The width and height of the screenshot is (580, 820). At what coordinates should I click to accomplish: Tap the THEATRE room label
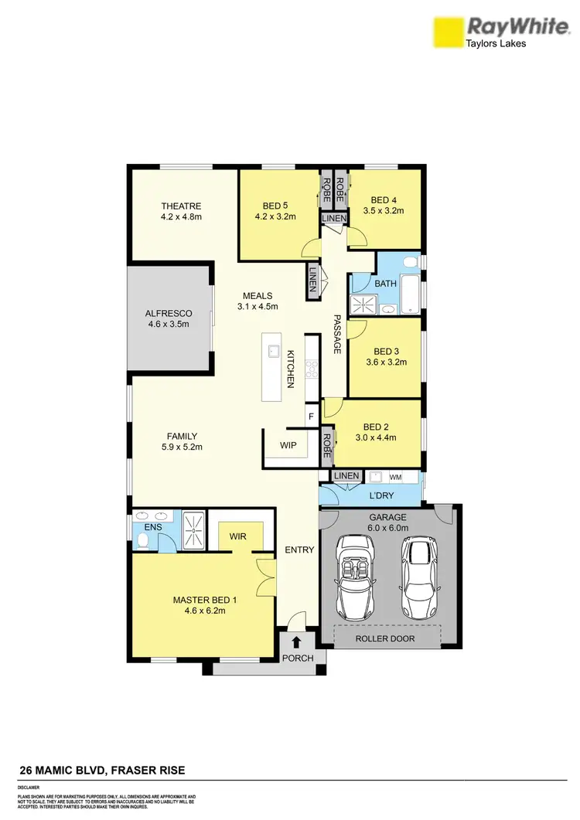click(181, 206)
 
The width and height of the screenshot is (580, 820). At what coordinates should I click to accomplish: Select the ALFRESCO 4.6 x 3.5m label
click(168, 318)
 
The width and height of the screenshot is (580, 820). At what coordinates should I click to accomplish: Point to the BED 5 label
click(275, 206)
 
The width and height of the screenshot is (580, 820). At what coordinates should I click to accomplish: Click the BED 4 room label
click(383, 199)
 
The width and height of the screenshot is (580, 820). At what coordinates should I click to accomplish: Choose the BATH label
click(385, 284)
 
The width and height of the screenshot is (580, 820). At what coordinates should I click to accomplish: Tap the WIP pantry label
click(288, 445)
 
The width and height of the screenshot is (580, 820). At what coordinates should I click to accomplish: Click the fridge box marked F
click(311, 416)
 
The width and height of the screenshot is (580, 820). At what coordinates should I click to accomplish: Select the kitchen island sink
click(273, 352)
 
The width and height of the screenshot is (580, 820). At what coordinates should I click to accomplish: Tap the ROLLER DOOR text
click(385, 639)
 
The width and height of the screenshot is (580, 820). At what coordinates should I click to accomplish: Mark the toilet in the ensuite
click(143, 539)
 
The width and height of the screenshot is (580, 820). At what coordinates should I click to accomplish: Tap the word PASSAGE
click(337, 335)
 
